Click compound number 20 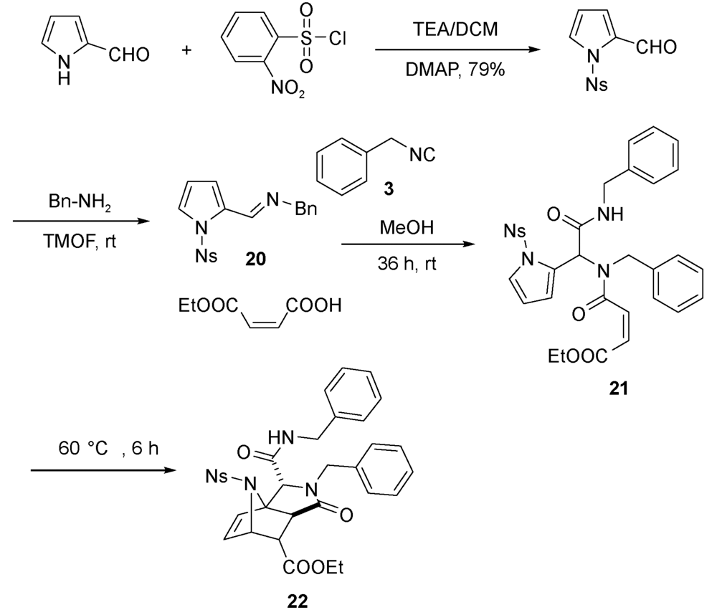point(254,257)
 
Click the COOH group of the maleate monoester point(313,308)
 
